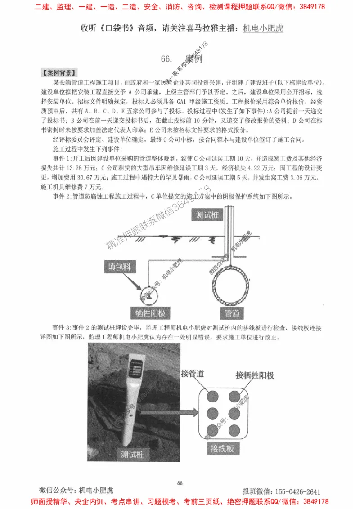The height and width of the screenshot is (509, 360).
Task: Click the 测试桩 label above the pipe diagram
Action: point(208,215)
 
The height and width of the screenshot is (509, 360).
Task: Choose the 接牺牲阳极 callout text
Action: point(255,375)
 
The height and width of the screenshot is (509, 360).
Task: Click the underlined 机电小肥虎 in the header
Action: point(263,28)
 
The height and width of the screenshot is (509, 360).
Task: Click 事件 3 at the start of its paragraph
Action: point(61,326)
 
